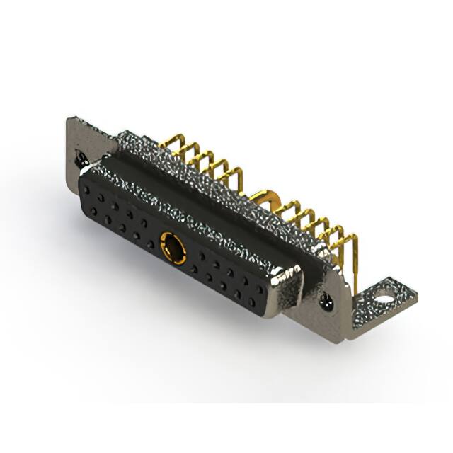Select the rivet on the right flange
pos(326,302)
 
